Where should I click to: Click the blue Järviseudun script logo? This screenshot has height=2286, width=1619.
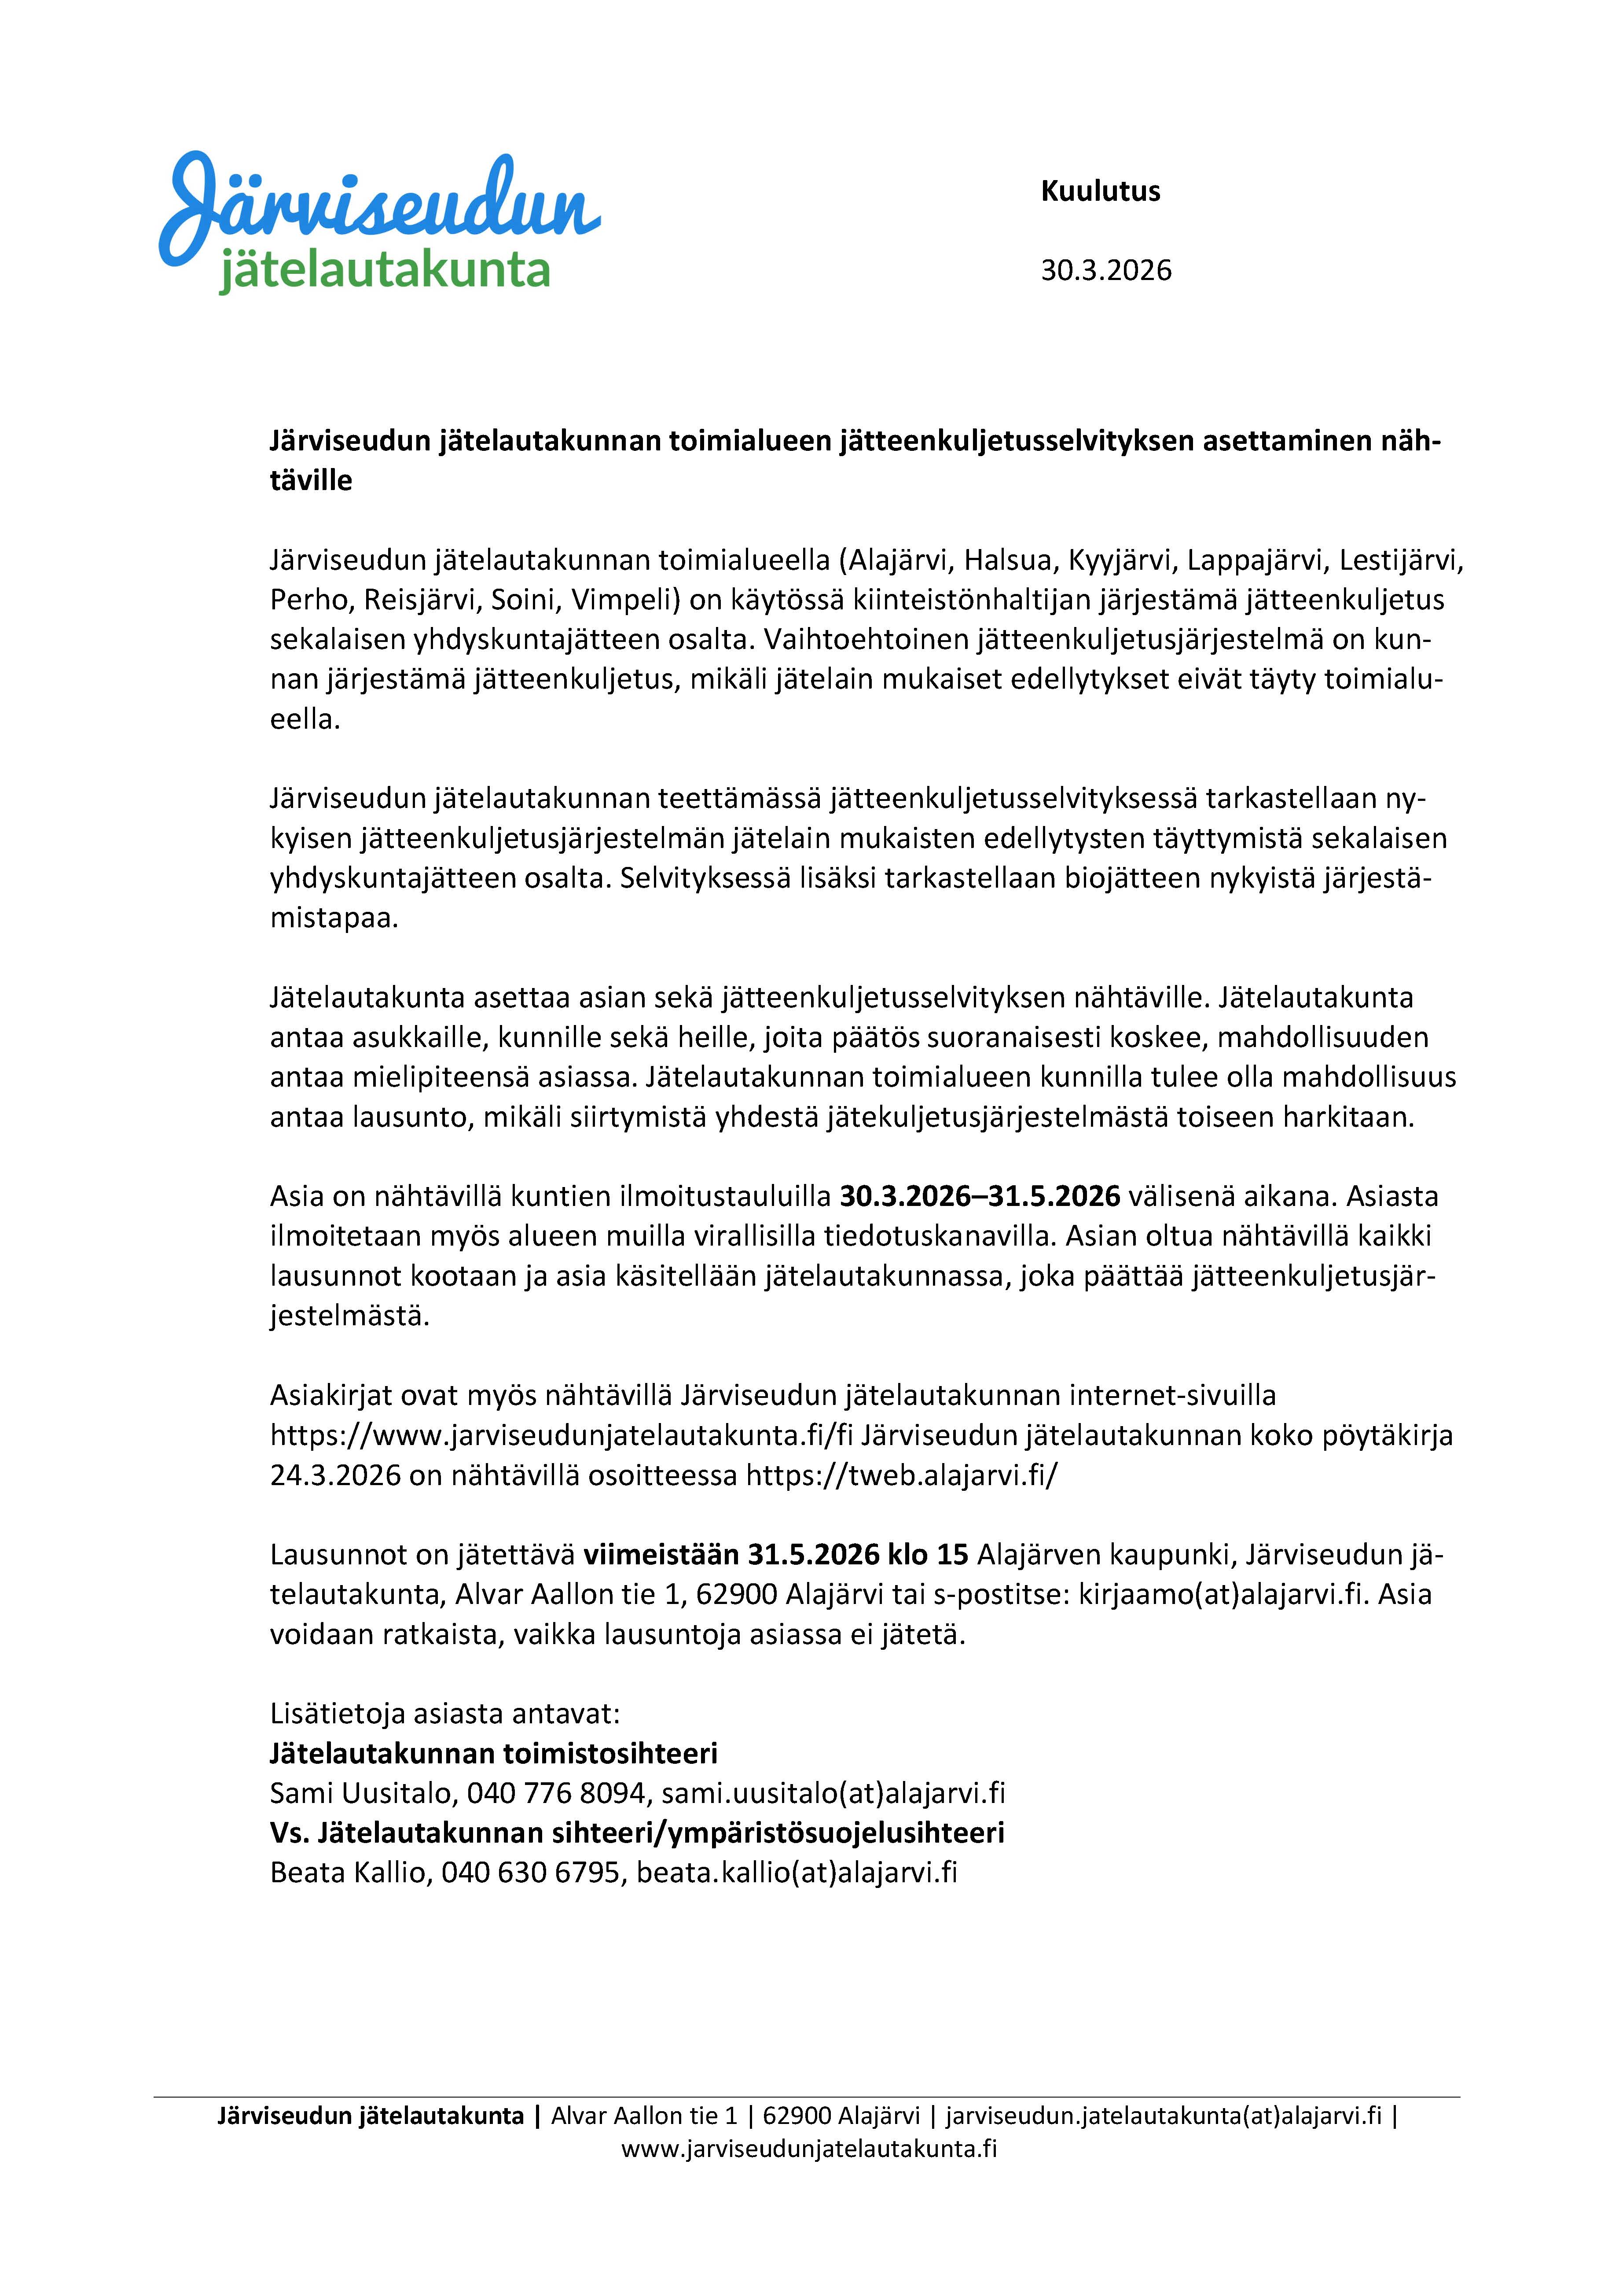(379, 204)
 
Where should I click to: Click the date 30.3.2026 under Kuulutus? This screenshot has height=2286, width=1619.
(1105, 270)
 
